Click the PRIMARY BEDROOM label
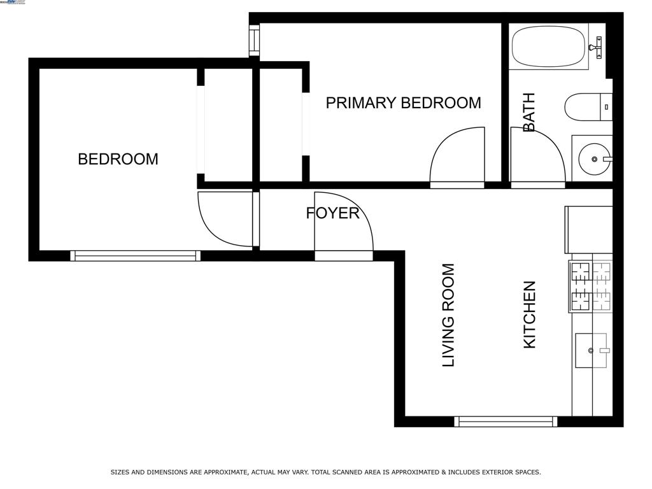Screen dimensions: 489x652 coord(403,103)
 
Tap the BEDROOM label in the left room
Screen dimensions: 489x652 coord(118,159)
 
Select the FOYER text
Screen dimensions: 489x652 coord(332,213)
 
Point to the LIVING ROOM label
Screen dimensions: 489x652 coord(449,315)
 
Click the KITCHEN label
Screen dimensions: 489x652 coord(530,315)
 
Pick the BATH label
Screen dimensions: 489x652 coord(529,113)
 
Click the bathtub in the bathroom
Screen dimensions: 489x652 coord(549,46)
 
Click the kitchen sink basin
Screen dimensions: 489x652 coord(590,350)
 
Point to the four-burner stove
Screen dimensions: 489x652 coord(591,286)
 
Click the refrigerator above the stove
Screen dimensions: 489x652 coord(589,229)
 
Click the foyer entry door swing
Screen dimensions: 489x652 coord(343,223)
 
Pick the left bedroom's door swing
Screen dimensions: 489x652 coord(226,218)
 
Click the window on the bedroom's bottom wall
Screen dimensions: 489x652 coord(135,256)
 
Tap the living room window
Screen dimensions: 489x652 coord(506,422)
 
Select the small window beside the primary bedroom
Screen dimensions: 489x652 coord(254,40)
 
